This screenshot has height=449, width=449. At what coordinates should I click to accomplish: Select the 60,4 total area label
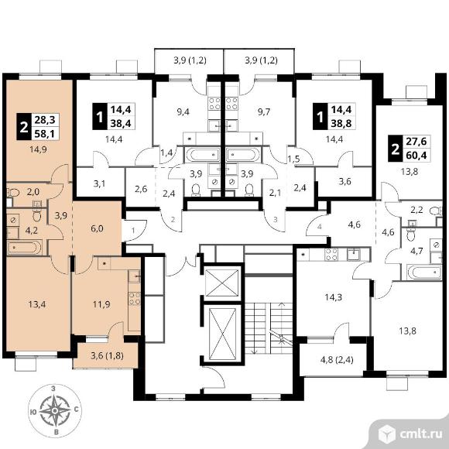(x=416, y=155)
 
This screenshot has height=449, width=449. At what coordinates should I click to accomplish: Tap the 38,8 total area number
(x=341, y=123)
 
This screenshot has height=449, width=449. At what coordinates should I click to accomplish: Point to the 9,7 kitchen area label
(x=264, y=111)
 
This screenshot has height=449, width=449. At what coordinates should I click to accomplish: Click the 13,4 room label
(x=37, y=304)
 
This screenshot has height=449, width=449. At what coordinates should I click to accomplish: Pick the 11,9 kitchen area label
(x=101, y=304)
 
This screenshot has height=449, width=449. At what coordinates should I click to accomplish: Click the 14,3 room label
(x=334, y=297)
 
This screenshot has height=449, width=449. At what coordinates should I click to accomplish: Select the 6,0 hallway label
(x=97, y=229)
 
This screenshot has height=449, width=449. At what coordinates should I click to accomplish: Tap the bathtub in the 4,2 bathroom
(x=25, y=248)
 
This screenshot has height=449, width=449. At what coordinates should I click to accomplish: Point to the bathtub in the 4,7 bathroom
(x=424, y=272)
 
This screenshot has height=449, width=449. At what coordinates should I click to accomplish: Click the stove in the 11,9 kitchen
(x=135, y=298)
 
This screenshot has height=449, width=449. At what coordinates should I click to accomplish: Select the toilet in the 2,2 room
(x=435, y=211)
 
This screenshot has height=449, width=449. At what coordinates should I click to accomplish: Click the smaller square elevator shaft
(x=222, y=283)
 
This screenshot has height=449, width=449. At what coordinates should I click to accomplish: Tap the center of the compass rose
(x=55, y=411)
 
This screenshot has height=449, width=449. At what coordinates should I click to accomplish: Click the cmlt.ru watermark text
(x=420, y=434)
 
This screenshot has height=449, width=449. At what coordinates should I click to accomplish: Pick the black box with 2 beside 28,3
(x=24, y=126)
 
